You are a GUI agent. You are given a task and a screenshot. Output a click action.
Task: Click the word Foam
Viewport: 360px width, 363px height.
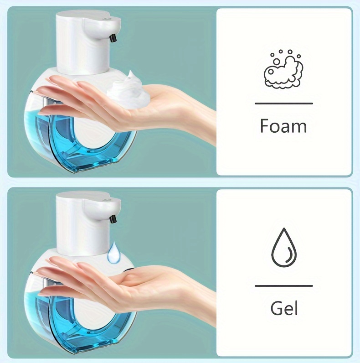click(x=283, y=126)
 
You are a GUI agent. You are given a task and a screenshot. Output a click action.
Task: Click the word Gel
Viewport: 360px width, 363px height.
click(x=284, y=308)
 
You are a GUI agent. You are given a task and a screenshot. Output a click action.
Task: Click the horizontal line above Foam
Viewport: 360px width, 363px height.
click(x=284, y=104)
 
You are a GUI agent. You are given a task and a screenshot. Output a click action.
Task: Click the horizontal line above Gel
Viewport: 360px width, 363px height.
click(x=284, y=286)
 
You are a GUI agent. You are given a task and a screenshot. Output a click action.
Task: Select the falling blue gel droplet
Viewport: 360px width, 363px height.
click(x=114, y=253)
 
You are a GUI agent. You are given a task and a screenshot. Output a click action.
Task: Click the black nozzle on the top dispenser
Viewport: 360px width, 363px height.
click(x=113, y=38)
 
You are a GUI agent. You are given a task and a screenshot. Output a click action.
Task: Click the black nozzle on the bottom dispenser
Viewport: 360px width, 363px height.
click(x=113, y=219)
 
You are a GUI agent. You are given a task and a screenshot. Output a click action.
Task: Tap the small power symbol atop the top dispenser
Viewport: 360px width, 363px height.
click(x=107, y=18)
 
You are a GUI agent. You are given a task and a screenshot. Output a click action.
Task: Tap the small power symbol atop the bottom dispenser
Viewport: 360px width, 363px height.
click(x=107, y=199)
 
